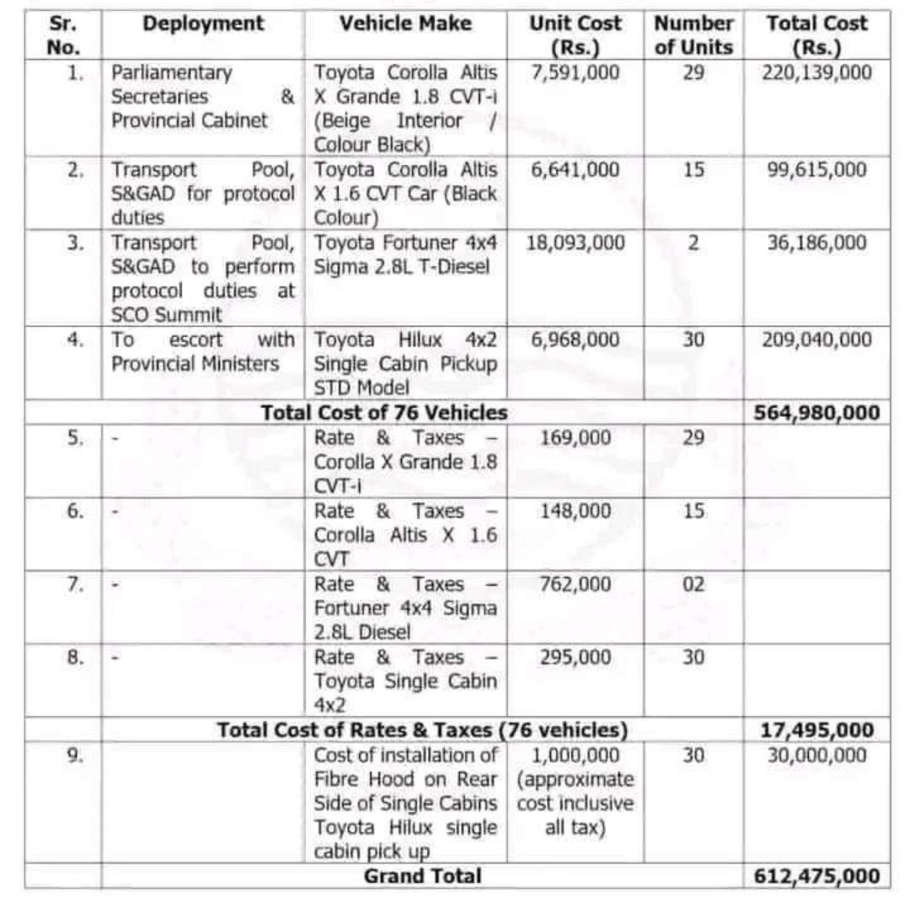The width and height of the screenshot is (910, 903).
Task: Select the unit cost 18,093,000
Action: click(575, 243)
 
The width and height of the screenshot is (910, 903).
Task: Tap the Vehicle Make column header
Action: click(405, 24)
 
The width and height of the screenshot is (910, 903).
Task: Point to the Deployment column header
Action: click(203, 24)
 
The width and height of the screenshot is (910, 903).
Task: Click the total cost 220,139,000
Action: click(816, 72)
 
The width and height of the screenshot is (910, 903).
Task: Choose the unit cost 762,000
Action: click(575, 585)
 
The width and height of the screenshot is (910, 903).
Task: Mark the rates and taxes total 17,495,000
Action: click(816, 730)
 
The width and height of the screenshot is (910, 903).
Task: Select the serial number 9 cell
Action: click(75, 755)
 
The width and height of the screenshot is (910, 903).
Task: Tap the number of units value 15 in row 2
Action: click(693, 170)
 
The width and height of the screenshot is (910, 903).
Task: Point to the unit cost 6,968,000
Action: click(575, 340)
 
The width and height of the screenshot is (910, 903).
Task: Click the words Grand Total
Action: click(422, 876)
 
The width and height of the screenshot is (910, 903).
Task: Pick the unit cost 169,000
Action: click(575, 438)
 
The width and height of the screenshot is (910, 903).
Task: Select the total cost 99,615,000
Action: click(816, 170)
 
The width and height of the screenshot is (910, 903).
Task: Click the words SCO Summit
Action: click(167, 315)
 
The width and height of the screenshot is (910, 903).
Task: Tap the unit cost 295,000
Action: click(575, 657)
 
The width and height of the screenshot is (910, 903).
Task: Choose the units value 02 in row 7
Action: click(693, 585)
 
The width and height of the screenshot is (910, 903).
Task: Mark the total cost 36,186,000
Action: click(816, 243)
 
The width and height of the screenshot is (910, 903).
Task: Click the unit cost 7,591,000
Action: click(575, 72)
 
